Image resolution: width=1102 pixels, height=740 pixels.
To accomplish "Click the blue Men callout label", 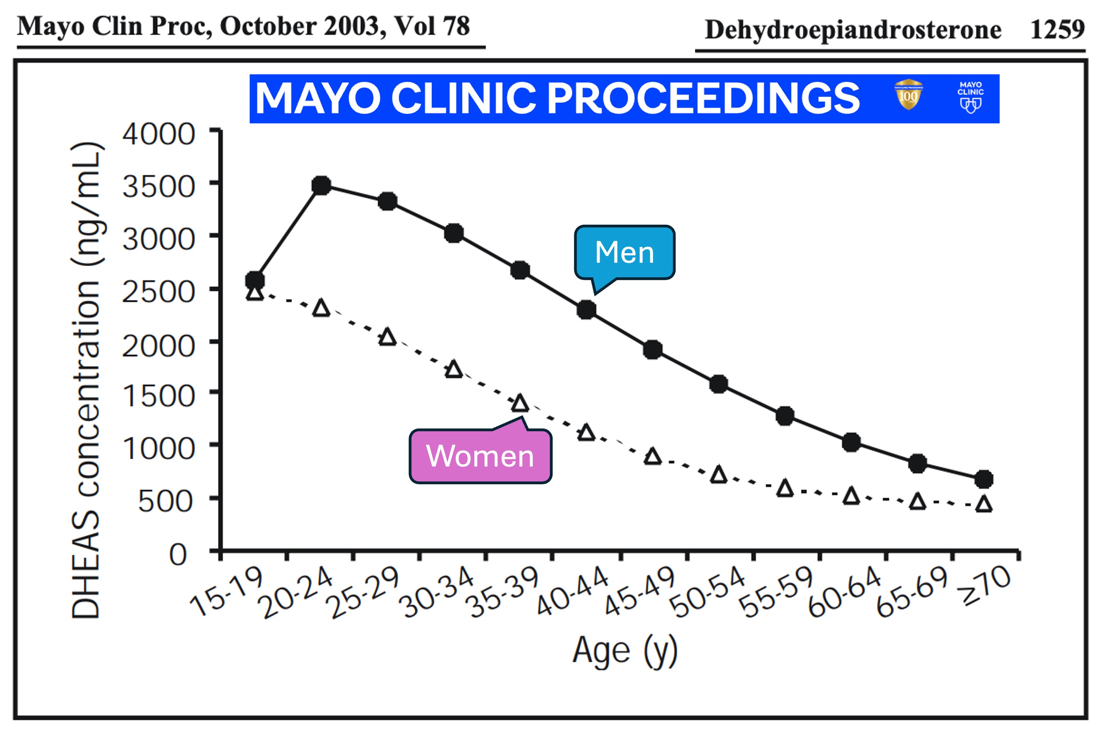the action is tap(624, 253).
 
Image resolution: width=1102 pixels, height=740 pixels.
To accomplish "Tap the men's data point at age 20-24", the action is tap(321, 186).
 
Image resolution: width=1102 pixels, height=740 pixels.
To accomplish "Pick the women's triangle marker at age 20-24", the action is tap(321, 308).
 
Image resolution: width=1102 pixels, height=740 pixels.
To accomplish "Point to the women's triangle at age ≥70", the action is tap(984, 504).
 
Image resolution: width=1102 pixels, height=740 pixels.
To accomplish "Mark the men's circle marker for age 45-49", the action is tap(652, 349).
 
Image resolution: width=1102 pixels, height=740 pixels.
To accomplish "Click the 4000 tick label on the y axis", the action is tap(159, 134).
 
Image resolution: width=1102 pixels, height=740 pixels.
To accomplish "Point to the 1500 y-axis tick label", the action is tap(159, 395).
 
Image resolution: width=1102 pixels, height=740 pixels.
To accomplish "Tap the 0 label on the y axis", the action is tap(178, 554).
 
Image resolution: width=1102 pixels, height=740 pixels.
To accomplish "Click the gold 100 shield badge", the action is tap(908, 95).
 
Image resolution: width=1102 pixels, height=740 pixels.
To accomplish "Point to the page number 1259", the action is tap(1057, 29).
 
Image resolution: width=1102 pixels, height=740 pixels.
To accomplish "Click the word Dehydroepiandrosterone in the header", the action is tap(853, 30).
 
